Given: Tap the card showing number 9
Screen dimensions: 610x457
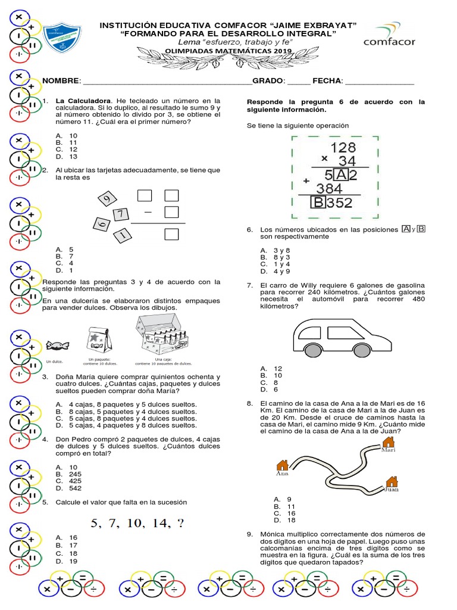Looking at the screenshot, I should (x=107, y=199).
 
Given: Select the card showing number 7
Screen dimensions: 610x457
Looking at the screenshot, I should (x=120, y=214).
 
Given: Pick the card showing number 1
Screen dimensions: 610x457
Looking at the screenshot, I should (x=122, y=235).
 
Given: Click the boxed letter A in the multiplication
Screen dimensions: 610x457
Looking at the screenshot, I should (x=340, y=175).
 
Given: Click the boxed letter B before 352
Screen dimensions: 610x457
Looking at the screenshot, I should (x=318, y=203).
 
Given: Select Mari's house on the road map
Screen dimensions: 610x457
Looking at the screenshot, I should (x=388, y=442).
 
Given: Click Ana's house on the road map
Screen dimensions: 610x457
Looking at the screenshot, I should (x=283, y=465).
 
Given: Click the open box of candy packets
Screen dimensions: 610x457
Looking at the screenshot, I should (x=162, y=337).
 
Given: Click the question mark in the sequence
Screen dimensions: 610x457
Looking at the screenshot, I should (x=180, y=523).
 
